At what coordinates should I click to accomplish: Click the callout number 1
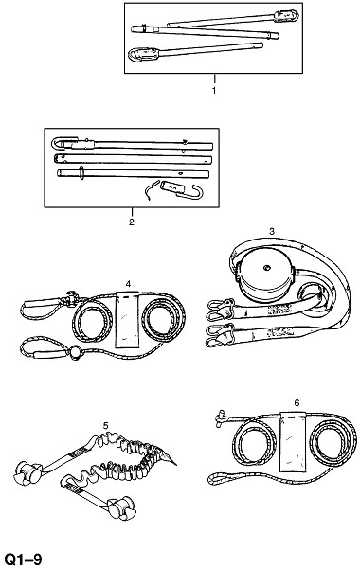(214, 91)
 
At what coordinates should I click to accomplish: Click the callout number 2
(132, 222)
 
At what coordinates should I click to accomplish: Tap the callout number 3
(272, 231)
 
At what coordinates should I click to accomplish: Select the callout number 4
(128, 284)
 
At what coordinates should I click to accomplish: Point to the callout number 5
(105, 426)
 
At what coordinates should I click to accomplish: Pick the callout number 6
(297, 403)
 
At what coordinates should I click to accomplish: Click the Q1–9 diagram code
(22, 559)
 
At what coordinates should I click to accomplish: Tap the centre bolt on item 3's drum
(266, 268)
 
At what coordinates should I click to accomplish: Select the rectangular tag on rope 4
(128, 320)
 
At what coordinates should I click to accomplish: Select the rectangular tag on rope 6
(293, 442)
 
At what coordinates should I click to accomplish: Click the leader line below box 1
(214, 80)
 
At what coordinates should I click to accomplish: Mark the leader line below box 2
(132, 212)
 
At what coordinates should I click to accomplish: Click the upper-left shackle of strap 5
(28, 472)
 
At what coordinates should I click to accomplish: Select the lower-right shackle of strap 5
(122, 507)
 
